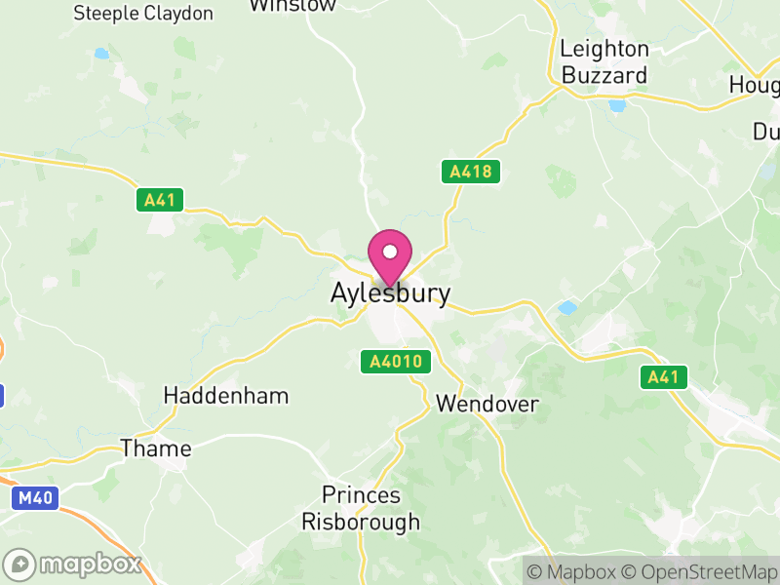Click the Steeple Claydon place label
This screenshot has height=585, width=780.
143,14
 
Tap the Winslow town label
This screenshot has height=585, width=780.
292,5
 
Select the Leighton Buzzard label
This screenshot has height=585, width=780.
604,61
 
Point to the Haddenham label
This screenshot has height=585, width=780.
226,396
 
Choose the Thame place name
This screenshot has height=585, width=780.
156,448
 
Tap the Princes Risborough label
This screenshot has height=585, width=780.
361,508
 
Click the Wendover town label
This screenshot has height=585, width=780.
487,403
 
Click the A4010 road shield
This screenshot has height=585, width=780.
397,362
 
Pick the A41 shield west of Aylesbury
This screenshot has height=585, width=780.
159,200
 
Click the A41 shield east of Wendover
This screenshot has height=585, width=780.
664,377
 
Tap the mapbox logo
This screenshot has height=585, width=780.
74,564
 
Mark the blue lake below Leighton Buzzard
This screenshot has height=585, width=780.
616,105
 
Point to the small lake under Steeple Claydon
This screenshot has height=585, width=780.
101,54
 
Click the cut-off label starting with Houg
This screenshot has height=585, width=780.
756,86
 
